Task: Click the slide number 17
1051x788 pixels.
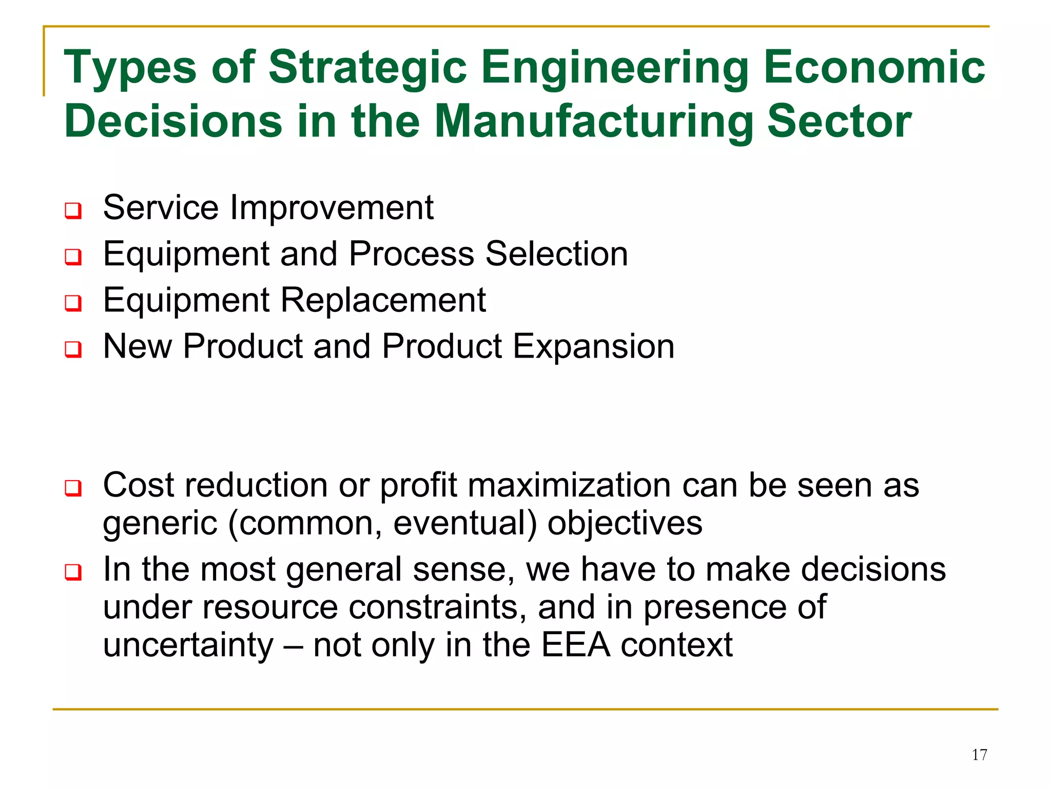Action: tap(979, 755)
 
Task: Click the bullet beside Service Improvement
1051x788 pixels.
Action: tap(73, 210)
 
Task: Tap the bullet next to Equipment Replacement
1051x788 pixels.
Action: tap(73, 303)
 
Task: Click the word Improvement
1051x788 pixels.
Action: tap(332, 208)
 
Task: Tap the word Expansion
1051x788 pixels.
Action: tap(594, 347)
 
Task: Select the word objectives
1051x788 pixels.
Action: tap(625, 523)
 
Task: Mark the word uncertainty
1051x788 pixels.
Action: tap(188, 645)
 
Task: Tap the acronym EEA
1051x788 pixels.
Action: tap(575, 645)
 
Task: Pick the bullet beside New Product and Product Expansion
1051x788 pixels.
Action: tap(73, 349)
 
